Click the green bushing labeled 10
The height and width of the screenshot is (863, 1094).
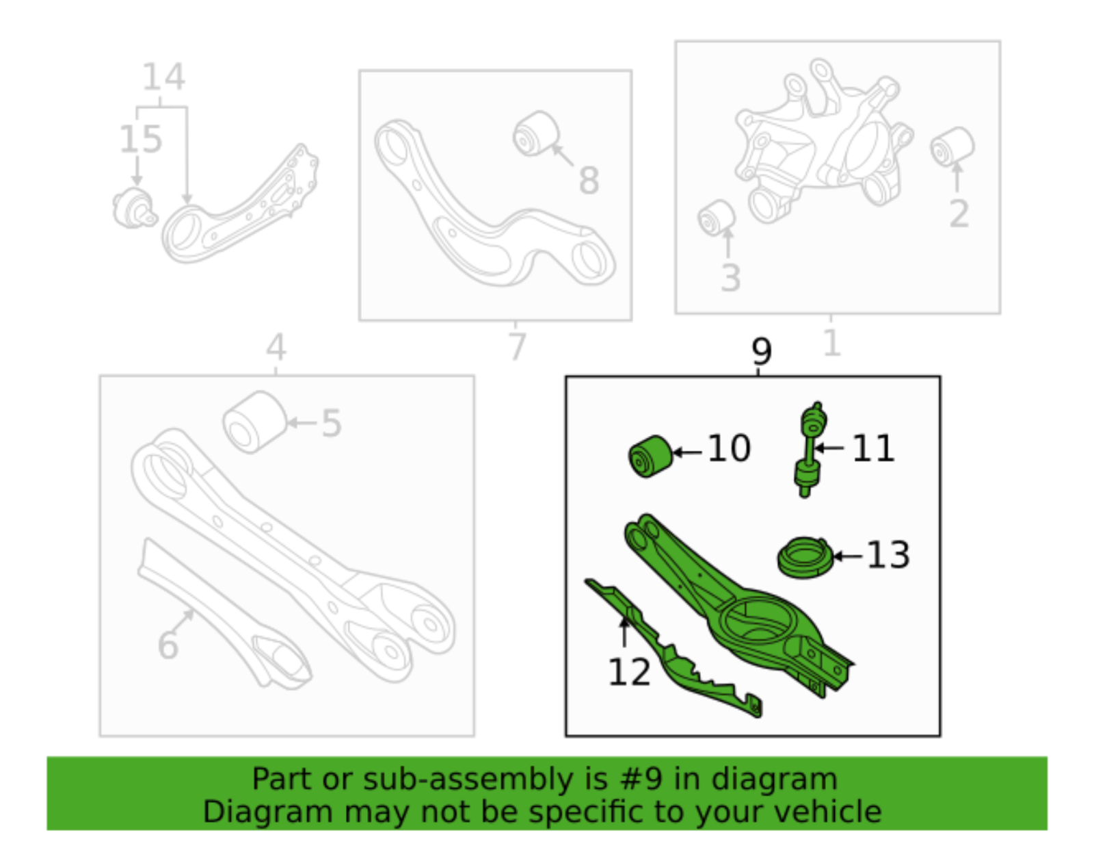coord(650,456)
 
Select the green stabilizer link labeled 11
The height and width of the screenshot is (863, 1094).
coord(808,449)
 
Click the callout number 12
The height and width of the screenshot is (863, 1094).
coord(628,672)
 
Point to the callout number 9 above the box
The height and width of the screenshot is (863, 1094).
coord(760,351)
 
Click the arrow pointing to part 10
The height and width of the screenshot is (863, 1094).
coord(688,452)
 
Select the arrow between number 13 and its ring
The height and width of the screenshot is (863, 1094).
coord(847,556)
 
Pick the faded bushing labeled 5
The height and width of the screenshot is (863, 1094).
coord(254,422)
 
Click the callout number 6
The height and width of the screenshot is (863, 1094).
coord(168,645)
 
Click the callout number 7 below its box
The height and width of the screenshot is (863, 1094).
coord(518,346)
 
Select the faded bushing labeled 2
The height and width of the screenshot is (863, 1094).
coord(952,146)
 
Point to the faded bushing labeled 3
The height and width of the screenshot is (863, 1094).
coord(716,218)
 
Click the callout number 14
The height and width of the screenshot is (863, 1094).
coord(163,77)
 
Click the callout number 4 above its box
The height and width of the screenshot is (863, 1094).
coord(276,347)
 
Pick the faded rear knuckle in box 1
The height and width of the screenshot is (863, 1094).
coord(824,140)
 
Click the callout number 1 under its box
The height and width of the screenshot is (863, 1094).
coord(831,342)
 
